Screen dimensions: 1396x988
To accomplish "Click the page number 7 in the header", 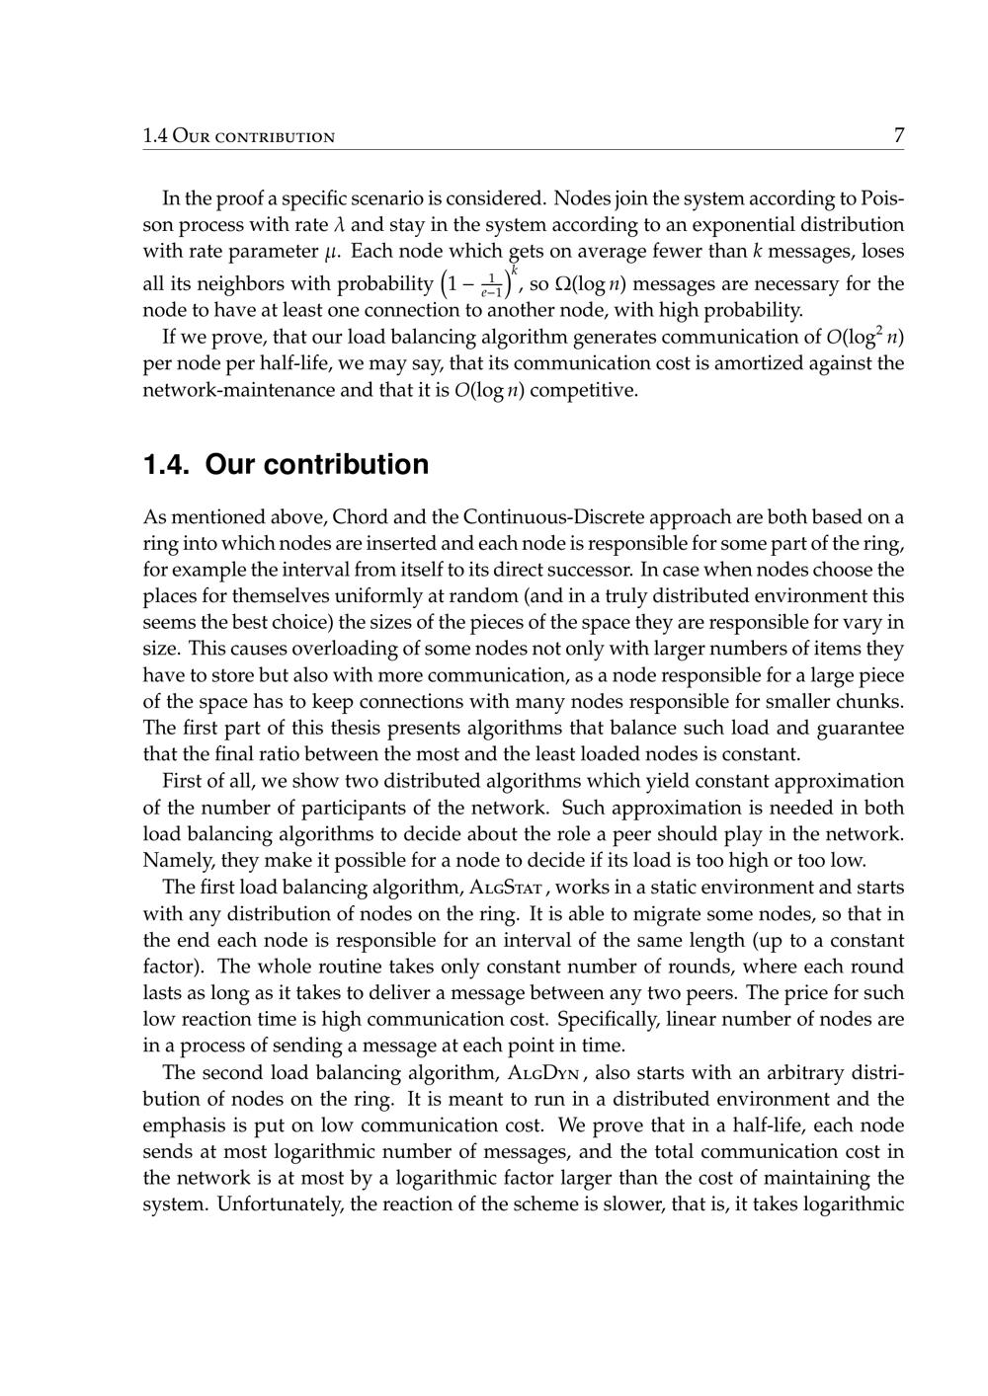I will coord(898,136).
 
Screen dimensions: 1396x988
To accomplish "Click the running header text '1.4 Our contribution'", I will coord(238,136).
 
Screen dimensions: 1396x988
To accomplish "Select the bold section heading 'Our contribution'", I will coord(317,464).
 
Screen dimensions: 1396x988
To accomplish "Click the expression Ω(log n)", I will coord(591,285).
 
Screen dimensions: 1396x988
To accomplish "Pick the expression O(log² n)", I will coord(864,338).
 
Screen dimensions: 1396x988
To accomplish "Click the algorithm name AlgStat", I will coord(502,888).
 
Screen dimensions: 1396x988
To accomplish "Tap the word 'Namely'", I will coord(174,859).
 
